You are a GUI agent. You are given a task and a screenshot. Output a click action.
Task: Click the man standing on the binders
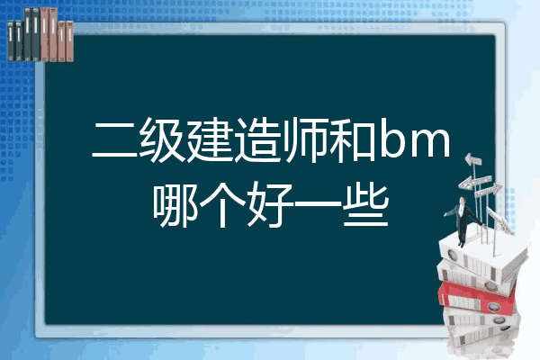point(464,220)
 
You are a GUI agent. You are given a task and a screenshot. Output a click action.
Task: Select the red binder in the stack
point(477,298)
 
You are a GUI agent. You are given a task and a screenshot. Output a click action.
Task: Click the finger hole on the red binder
point(492,307)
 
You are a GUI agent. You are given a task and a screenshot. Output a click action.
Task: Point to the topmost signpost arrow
point(472,159)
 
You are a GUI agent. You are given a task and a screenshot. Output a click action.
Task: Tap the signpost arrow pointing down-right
point(499,220)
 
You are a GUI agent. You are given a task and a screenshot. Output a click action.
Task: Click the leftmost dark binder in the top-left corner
point(11,40)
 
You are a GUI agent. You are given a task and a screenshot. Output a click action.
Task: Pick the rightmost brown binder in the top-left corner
point(69,41)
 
